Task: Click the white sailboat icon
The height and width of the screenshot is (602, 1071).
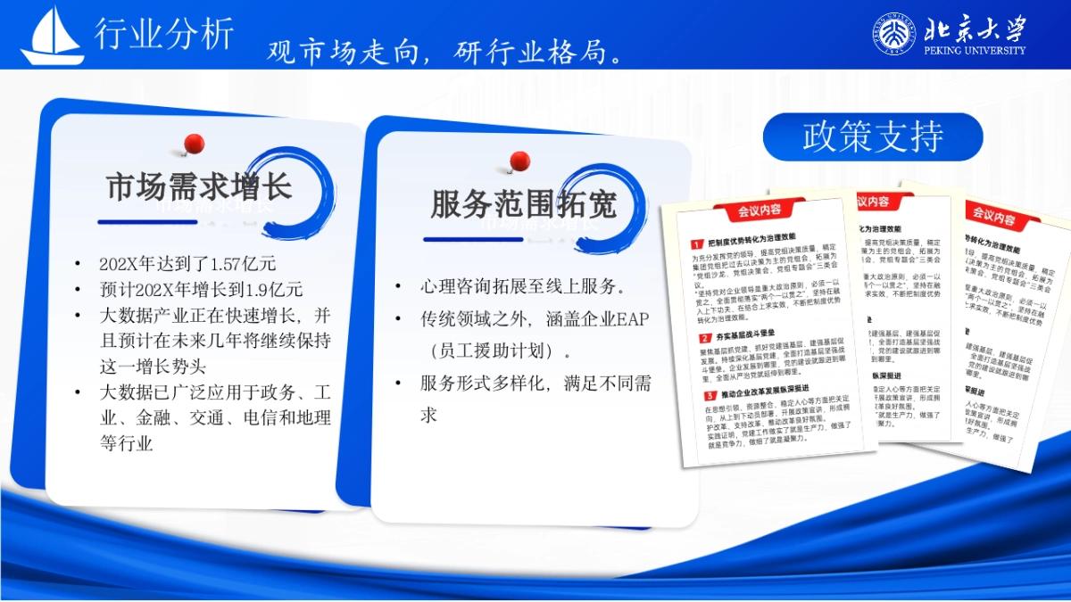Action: pos(53,37)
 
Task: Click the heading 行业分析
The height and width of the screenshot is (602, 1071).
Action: pos(164,33)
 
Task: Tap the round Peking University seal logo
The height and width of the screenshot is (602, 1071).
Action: pos(892,34)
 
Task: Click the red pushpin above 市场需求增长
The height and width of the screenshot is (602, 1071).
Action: pos(193,143)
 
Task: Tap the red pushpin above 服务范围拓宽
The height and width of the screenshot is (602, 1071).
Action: pos(519,161)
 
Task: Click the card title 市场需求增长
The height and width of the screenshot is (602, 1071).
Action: pos(198,188)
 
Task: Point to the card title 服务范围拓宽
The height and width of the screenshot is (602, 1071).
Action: pos(523,204)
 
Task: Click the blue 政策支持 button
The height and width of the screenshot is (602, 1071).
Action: pos(872,136)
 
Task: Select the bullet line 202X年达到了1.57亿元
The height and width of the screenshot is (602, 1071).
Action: pos(187,264)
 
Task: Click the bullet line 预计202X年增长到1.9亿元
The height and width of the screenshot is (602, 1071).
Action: pos(201,290)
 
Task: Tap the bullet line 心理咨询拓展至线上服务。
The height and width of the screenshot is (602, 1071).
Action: pos(522,287)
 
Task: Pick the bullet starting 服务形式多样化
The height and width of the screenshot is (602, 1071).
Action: pos(535,384)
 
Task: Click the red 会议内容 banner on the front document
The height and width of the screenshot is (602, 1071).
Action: pos(759,210)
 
